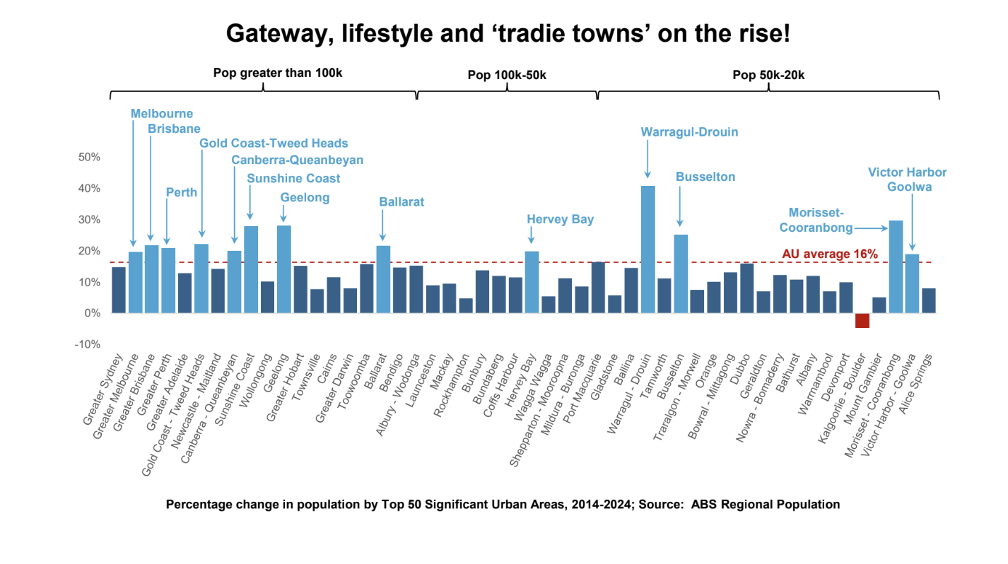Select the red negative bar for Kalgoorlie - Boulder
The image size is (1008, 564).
[x=862, y=320]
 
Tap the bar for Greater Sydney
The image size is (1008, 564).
[x=119, y=290]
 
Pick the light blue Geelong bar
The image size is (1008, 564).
[x=284, y=269]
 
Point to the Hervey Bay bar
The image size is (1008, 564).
[x=532, y=282]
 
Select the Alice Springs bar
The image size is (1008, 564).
[x=928, y=300]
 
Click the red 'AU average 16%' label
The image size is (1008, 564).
[x=829, y=254]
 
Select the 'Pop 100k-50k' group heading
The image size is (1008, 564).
[x=507, y=76]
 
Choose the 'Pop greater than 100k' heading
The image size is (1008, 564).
[x=278, y=73]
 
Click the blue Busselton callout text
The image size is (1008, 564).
[x=705, y=177]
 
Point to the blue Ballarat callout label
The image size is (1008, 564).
[x=402, y=202]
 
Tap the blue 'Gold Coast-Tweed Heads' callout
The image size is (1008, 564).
[x=274, y=143]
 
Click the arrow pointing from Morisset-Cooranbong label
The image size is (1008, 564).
[x=870, y=228]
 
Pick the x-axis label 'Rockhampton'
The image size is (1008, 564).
[x=452, y=382]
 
